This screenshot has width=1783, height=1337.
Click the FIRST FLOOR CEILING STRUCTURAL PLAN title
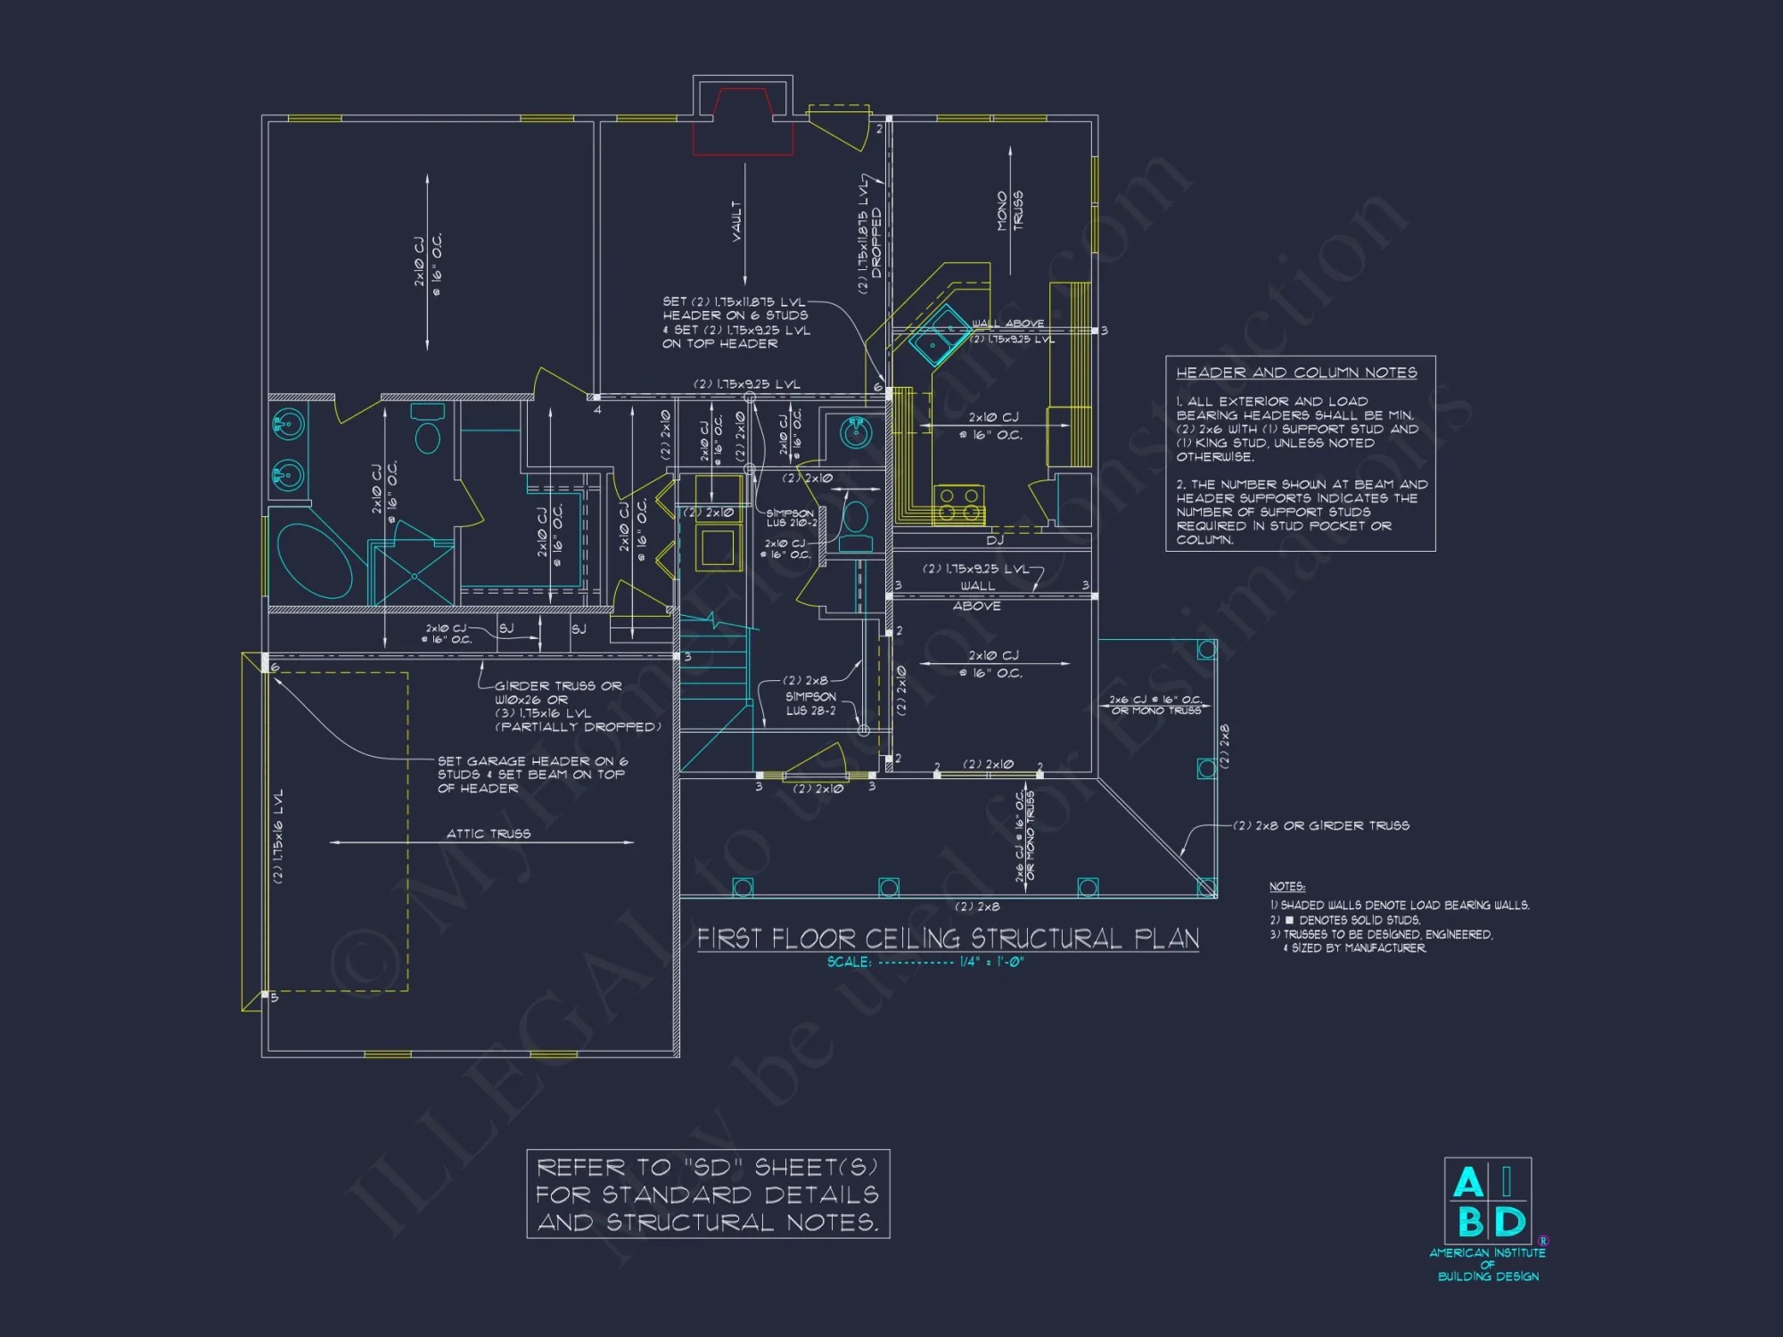(948, 939)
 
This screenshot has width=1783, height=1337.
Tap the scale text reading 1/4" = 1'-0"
(991, 963)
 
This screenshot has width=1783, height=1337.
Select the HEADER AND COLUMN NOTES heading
(1295, 373)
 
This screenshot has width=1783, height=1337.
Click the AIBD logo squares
(1487, 1202)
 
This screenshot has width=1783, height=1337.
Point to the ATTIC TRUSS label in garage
(488, 833)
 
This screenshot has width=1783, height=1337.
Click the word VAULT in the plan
(736, 220)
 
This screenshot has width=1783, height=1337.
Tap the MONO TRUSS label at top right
(1009, 210)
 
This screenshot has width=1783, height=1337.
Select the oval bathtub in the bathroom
(316, 560)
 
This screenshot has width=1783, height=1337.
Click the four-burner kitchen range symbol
(958, 504)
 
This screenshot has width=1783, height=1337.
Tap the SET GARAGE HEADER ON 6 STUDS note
(531, 775)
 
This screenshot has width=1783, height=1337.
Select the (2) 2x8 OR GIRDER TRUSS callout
(1321, 825)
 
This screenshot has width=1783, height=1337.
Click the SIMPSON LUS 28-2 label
(810, 704)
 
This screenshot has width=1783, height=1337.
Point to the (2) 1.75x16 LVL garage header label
(278, 835)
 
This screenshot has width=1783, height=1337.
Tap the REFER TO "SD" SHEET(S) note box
(708, 1194)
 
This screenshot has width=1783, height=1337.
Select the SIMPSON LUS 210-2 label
(791, 518)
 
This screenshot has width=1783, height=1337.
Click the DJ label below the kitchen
(995, 540)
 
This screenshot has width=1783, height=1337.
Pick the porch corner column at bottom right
(1206, 887)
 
